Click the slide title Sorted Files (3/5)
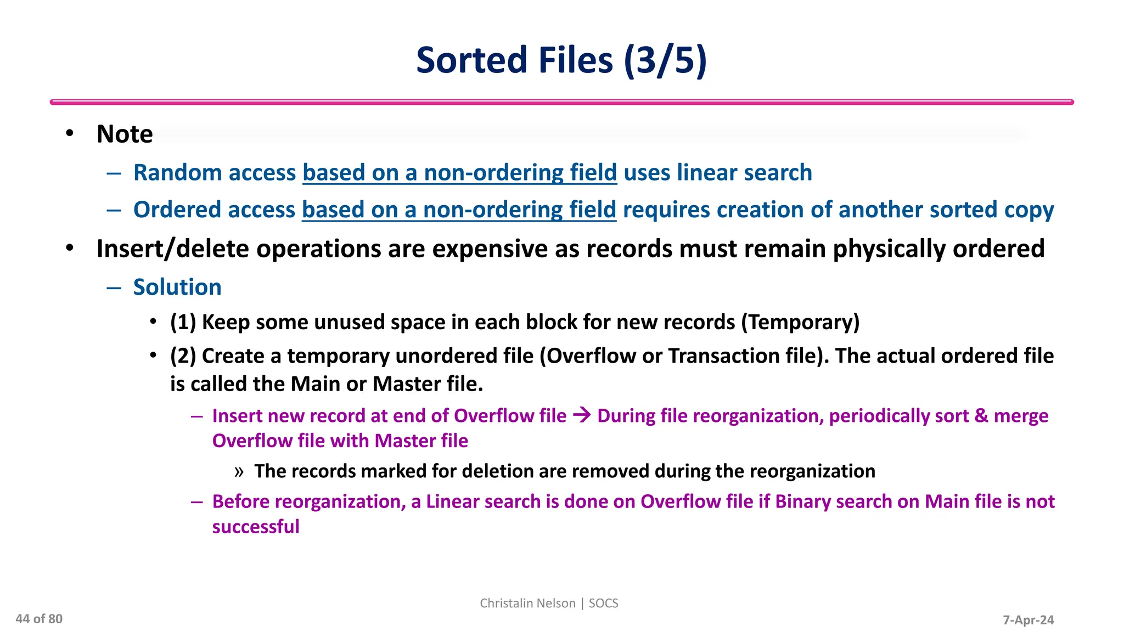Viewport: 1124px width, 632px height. [x=561, y=60]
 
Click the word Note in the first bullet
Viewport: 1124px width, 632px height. [x=125, y=134]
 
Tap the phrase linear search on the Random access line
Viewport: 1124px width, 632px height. [x=744, y=172]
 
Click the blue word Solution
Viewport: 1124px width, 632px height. [x=177, y=287]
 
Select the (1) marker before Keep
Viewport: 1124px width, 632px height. [x=183, y=322]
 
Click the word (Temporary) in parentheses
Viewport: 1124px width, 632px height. [x=800, y=322]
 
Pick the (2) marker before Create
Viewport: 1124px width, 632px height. [x=183, y=356]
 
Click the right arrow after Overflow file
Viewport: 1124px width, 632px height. [x=582, y=415]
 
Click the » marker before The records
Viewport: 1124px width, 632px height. [x=239, y=472]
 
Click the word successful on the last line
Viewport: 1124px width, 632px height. [x=256, y=527]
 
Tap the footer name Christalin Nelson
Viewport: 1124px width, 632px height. [x=527, y=603]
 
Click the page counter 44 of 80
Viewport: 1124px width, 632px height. [x=39, y=619]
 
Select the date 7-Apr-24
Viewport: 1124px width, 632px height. [x=1028, y=620]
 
